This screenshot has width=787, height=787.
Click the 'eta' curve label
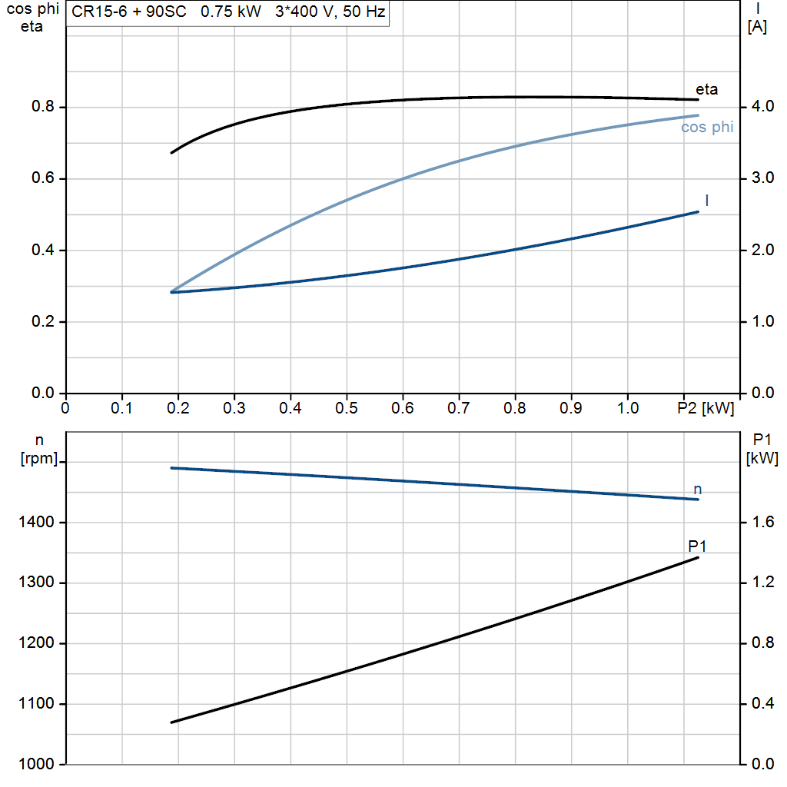(706, 89)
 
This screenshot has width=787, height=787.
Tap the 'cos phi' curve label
(706, 128)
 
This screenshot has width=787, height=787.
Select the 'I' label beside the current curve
(706, 201)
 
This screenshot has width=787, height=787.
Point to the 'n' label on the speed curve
(697, 490)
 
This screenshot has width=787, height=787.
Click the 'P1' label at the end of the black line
(697, 546)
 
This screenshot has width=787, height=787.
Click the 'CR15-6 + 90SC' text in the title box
(124, 13)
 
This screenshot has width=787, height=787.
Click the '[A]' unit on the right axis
(757, 27)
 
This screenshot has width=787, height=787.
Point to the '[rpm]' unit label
(38, 459)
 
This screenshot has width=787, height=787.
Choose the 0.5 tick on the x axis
(347, 407)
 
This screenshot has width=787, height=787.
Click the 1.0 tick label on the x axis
(628, 407)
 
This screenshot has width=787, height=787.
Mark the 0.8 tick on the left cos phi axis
(43, 107)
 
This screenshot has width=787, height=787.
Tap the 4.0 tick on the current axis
(761, 107)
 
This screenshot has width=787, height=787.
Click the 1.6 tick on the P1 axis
(761, 523)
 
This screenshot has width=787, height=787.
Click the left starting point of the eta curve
(171, 153)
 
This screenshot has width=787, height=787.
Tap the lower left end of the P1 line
(171, 722)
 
